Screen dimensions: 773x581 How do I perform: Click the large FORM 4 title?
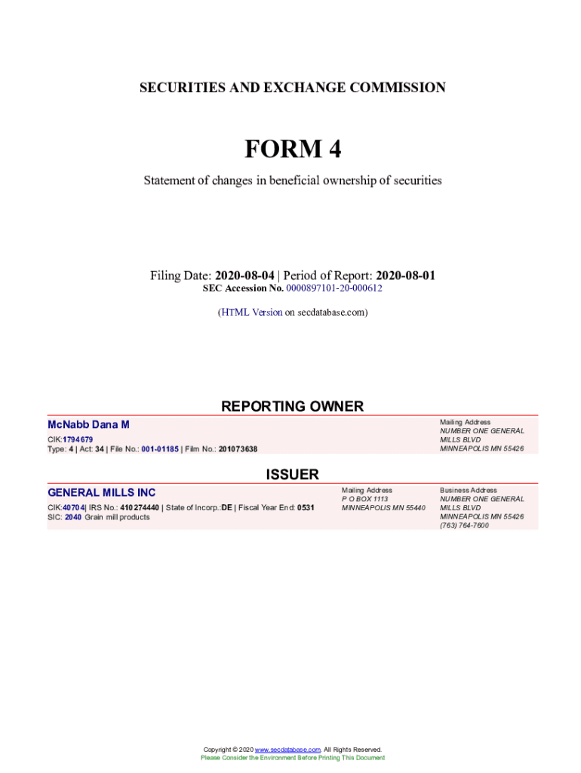click(x=293, y=149)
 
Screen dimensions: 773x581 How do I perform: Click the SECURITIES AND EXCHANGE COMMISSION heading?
click(x=293, y=88)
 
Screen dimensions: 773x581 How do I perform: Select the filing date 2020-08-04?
click(x=244, y=276)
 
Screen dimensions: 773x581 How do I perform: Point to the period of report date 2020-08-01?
click(x=405, y=276)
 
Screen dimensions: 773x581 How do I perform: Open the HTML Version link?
click(x=251, y=312)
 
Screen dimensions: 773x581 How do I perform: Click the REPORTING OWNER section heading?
click(x=292, y=406)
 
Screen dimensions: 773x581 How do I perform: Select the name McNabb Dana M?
click(x=88, y=426)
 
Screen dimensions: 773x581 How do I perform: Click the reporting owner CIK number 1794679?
click(x=78, y=439)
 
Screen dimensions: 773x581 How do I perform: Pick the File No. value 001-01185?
click(x=160, y=449)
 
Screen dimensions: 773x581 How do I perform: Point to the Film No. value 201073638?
click(x=238, y=449)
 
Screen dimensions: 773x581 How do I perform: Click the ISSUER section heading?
click(x=292, y=475)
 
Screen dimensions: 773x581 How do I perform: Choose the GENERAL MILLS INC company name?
click(x=102, y=493)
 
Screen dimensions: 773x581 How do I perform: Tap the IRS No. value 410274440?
click(x=140, y=508)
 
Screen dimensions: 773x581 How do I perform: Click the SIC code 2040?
click(x=73, y=517)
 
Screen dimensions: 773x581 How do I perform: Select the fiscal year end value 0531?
click(x=306, y=508)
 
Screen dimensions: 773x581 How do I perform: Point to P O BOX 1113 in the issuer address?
click(x=365, y=499)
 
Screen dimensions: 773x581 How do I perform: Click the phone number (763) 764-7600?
click(x=464, y=525)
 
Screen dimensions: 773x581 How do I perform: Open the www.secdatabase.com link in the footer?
click(x=288, y=750)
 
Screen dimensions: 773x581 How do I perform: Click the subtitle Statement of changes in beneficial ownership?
click(x=293, y=180)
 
